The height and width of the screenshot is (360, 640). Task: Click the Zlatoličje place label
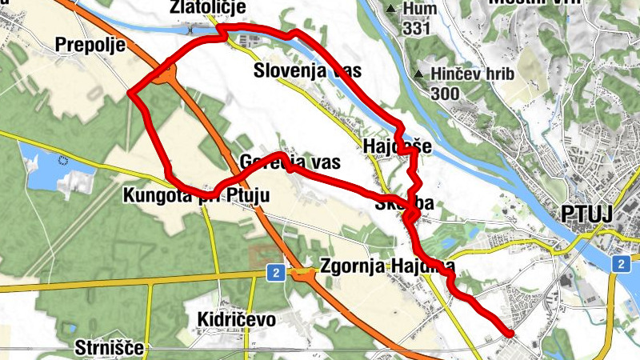[x=207, y=7]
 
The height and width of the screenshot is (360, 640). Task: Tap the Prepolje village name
[x=90, y=45]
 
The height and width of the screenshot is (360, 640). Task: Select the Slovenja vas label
[x=307, y=70]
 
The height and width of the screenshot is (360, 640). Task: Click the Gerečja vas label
[x=290, y=162]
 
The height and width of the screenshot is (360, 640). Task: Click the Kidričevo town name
[x=236, y=320]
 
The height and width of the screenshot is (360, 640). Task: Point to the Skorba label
[x=403, y=204]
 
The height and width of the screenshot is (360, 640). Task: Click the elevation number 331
[x=417, y=29]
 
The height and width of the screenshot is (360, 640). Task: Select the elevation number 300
[x=445, y=94]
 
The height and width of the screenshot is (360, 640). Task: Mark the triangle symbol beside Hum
[x=390, y=10]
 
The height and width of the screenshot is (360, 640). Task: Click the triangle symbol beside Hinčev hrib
[x=419, y=75]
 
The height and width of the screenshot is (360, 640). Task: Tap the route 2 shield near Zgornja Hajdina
[x=274, y=274]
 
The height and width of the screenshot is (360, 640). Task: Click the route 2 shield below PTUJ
[x=621, y=263]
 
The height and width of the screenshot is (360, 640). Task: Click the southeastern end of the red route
[x=510, y=332]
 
